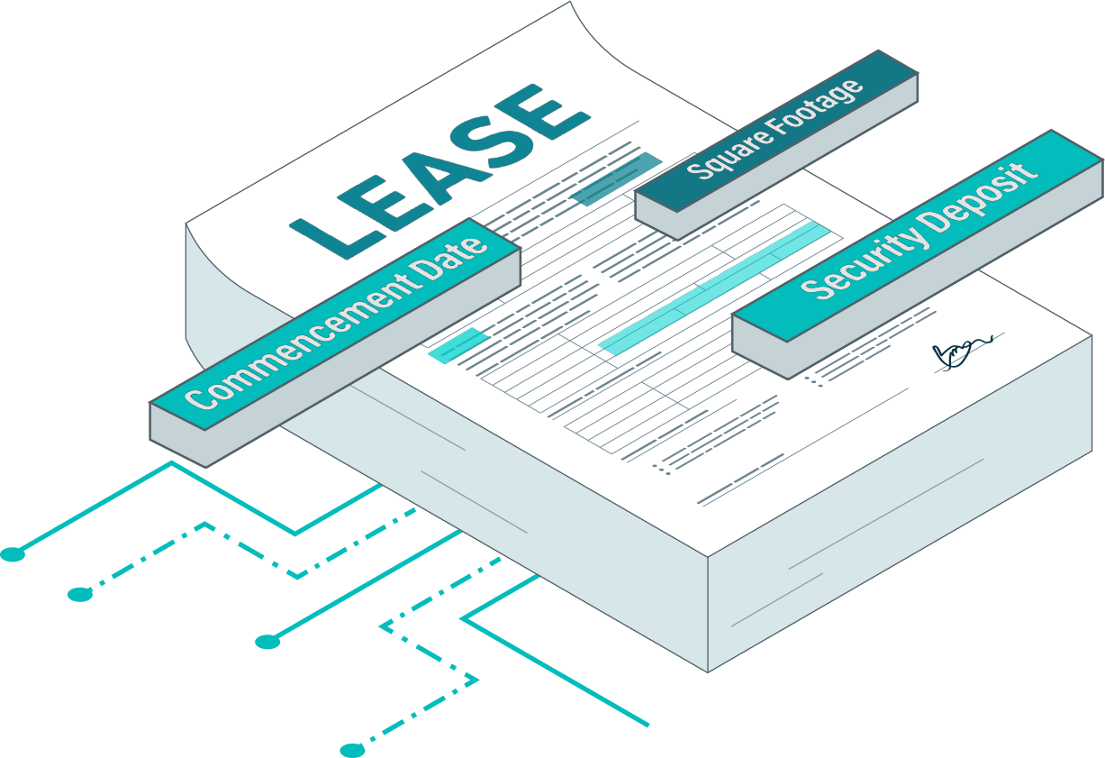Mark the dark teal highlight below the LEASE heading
click(x=617, y=178)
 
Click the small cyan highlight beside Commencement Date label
click(x=458, y=345)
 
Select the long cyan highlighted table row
click(x=714, y=288)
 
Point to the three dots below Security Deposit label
click(x=814, y=381)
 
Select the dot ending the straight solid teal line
click(x=267, y=642)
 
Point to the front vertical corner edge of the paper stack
click(x=708, y=615)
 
